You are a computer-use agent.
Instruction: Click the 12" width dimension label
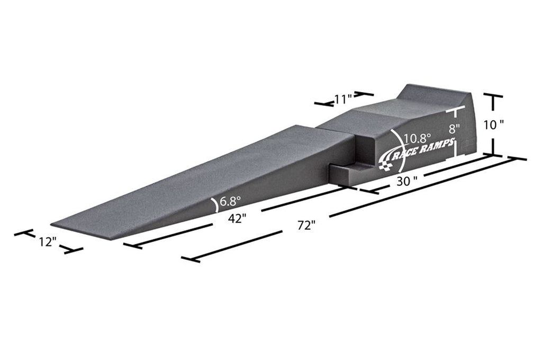tap(47, 242)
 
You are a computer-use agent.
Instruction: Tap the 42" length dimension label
tap(238, 219)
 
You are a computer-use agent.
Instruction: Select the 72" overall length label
tap(306, 225)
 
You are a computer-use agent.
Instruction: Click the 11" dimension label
tap(343, 99)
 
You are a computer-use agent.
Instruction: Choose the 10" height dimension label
tap(493, 124)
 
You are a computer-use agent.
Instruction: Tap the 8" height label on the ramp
tap(455, 129)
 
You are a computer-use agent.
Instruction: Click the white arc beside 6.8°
tap(214, 204)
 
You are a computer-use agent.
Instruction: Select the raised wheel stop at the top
tap(434, 95)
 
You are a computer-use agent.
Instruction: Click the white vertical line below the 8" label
tap(455, 148)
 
